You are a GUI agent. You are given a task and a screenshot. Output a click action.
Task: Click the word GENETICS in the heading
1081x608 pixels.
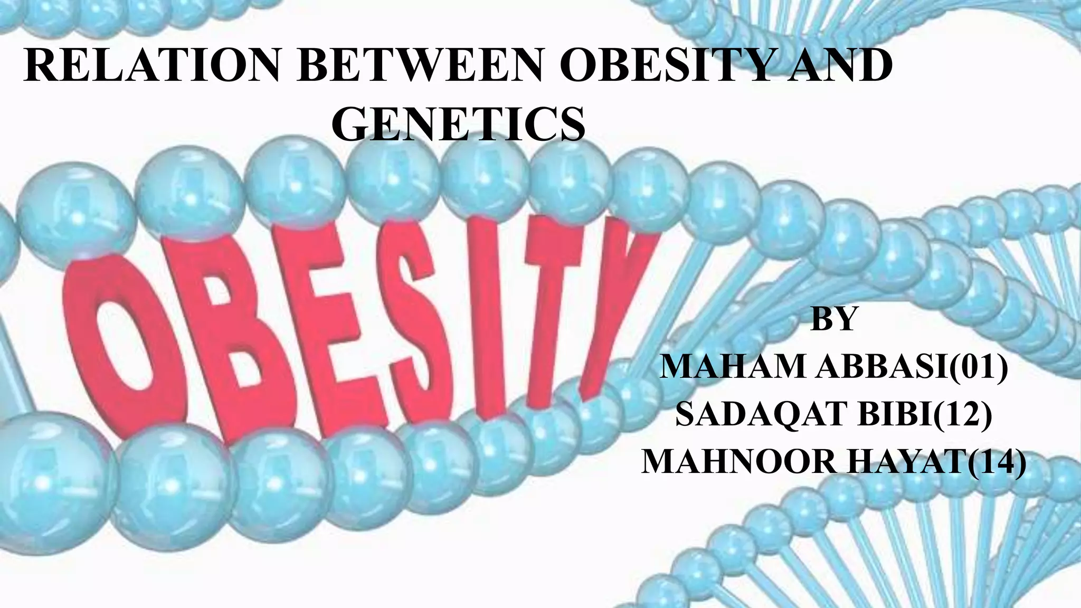[x=460, y=125]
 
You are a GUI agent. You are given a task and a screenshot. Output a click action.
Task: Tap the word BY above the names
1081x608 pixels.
[x=833, y=319]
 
